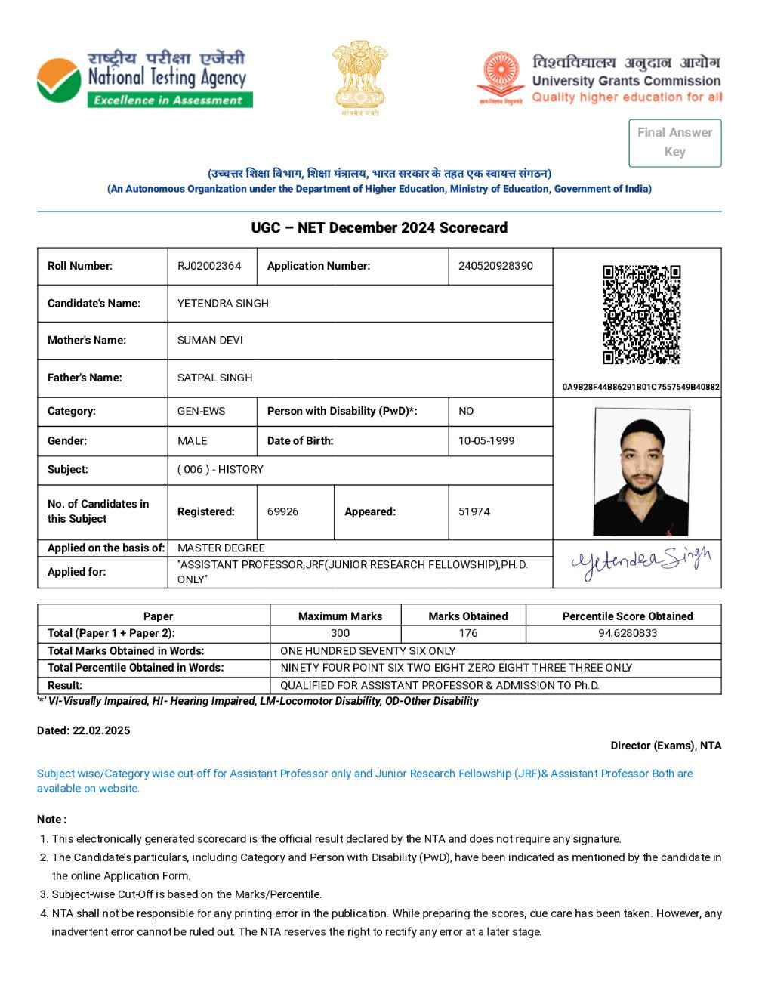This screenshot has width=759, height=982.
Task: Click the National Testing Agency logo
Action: point(143,79)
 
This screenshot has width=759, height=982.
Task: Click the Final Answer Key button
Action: point(674,142)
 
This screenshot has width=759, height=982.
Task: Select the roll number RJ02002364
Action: point(209,266)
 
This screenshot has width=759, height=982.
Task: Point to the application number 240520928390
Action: point(495,266)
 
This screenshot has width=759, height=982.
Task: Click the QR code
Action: point(641,314)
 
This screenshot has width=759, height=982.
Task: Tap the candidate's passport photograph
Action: point(641,472)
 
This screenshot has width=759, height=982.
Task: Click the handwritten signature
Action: point(641,563)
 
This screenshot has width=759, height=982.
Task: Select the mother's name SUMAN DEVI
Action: point(210,340)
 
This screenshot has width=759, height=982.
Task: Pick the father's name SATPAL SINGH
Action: point(214,378)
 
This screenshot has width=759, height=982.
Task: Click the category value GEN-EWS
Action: point(201,411)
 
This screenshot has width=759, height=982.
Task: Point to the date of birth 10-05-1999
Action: point(486,440)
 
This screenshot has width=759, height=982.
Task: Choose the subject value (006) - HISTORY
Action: point(220,469)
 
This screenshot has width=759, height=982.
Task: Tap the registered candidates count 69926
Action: point(282,511)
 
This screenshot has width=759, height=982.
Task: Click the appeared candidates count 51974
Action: point(474,511)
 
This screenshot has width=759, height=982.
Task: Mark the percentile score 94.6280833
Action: point(628,633)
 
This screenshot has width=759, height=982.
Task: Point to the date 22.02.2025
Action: point(101,730)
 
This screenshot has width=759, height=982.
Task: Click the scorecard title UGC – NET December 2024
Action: point(379,227)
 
